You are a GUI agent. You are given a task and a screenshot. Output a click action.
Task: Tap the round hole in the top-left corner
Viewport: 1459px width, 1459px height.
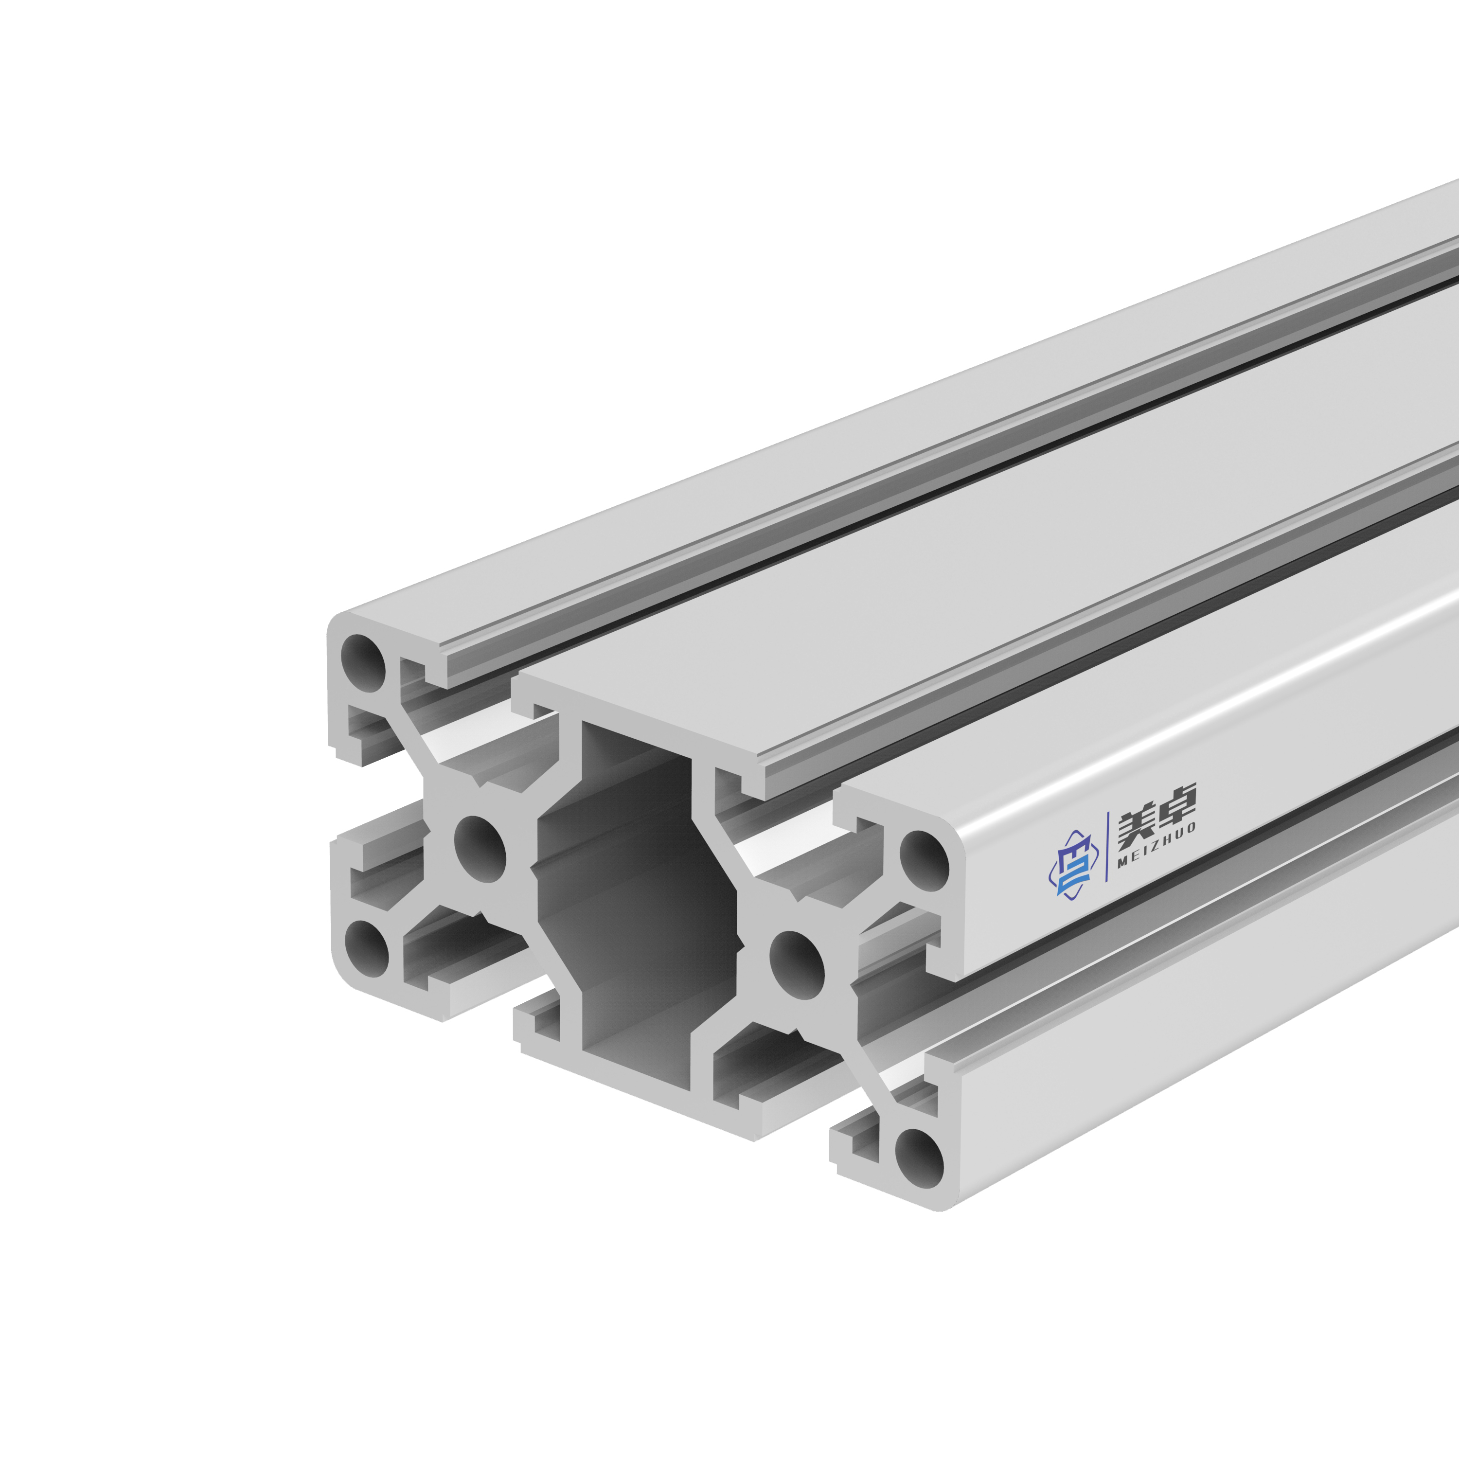(363, 663)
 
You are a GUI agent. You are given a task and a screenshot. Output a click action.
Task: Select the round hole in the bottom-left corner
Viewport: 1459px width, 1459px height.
(366, 949)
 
